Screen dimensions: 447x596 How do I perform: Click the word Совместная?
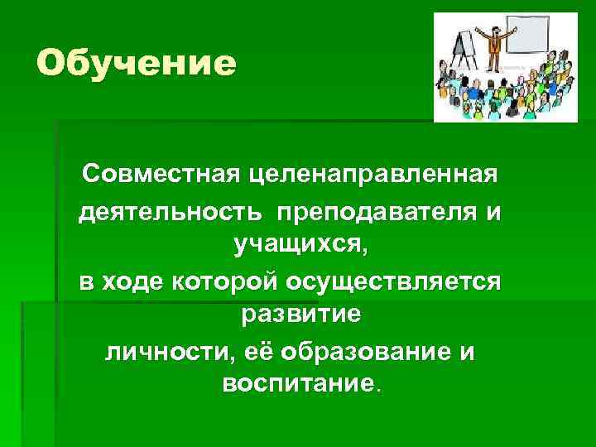(157, 175)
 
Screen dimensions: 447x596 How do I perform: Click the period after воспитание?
(380, 390)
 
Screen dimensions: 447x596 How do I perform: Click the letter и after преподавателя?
(493, 213)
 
